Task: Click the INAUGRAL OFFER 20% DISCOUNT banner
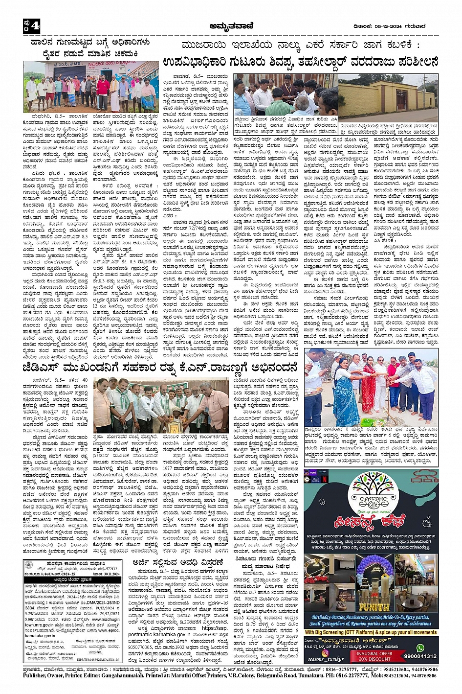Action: click(374, 656)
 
